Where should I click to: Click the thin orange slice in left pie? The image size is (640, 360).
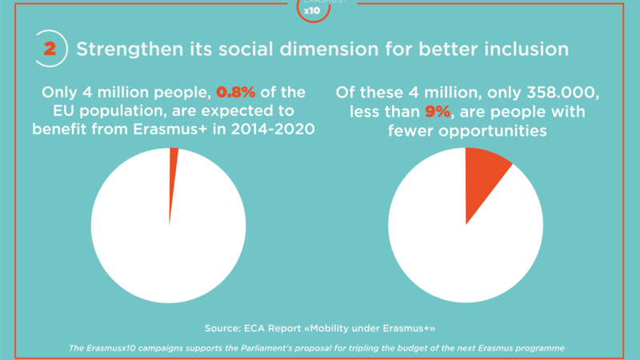coord(173,158)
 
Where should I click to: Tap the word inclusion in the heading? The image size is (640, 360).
coord(529,49)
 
